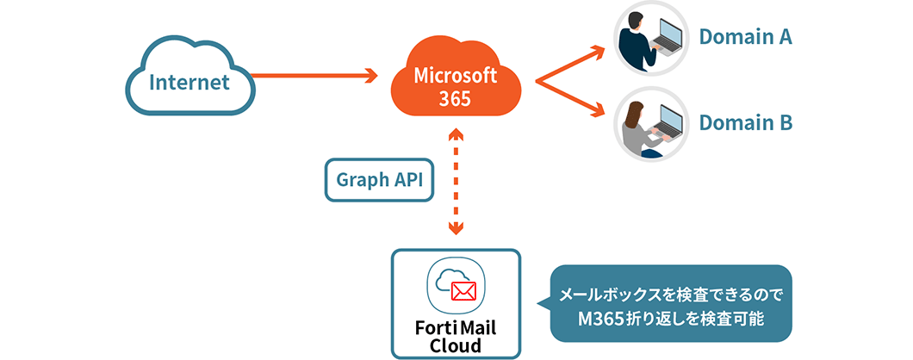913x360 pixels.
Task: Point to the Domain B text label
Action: point(745,123)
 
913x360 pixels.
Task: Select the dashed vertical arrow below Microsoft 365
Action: point(456,181)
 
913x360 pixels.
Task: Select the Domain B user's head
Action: point(636,112)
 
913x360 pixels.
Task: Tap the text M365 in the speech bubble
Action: point(601,318)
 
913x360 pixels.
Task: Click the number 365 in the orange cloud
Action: point(455,99)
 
